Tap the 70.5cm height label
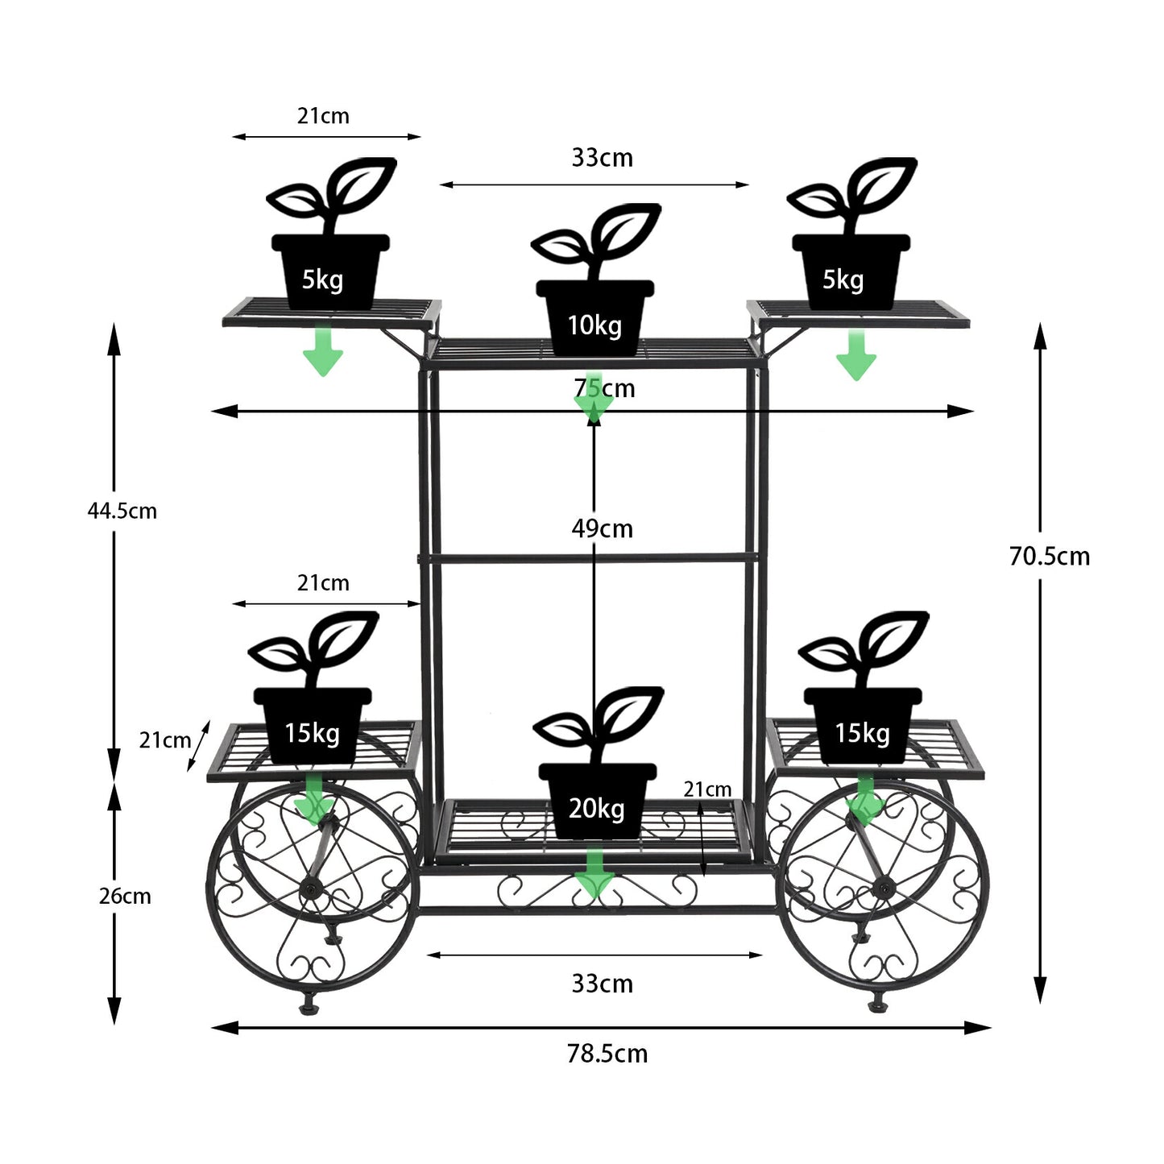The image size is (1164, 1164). pos(1050,557)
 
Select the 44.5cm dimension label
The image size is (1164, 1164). pos(122,511)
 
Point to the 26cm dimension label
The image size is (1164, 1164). pos(125,897)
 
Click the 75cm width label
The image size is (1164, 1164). pos(604,388)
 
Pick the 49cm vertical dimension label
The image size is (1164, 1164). pos(603,528)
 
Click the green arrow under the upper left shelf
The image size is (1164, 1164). pos(323,350)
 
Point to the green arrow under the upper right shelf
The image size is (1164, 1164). pos(856,354)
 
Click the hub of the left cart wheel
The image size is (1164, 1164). pos(310,890)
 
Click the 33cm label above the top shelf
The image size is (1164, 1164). pos(603,158)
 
